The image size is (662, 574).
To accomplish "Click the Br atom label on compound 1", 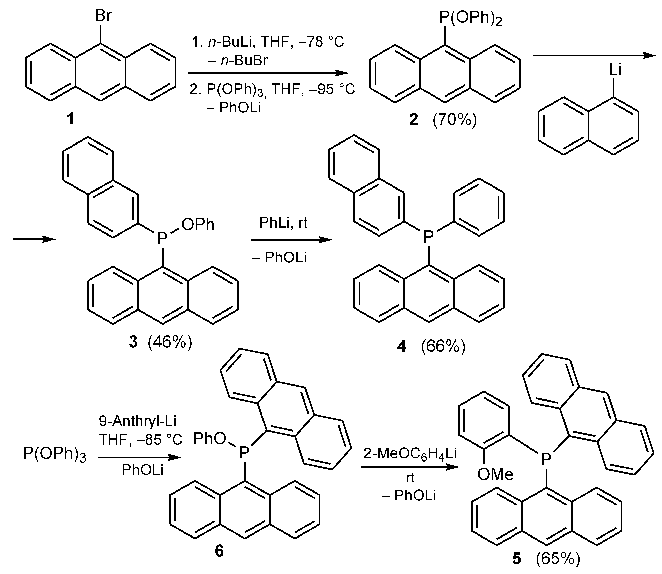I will point(103,15).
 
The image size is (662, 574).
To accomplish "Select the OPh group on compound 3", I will point(198,225).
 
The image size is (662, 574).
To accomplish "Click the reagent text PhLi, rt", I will point(283,223).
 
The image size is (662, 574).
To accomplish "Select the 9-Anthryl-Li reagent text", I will point(137,421).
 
